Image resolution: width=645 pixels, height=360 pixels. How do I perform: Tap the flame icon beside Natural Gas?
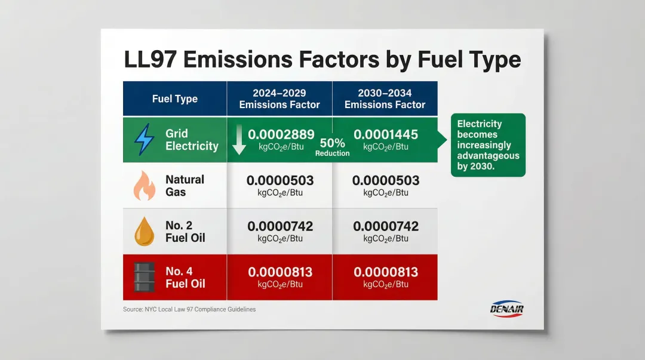pos(144,186)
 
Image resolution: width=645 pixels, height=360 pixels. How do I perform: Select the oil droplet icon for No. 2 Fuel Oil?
pos(144,232)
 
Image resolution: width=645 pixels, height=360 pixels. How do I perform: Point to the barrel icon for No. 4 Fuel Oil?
pos(144,278)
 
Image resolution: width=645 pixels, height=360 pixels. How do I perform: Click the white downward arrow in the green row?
pos(239,139)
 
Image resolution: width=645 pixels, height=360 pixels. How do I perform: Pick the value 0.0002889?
pos(280,134)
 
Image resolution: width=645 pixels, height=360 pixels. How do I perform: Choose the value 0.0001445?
pos(386,134)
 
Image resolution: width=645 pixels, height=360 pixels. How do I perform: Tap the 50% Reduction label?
pos(332,147)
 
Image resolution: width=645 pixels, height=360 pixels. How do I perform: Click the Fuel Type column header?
pos(174,99)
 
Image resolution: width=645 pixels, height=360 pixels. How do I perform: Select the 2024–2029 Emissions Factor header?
pos(279,99)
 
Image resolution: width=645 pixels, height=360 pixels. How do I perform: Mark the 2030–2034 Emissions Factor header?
pos(385,99)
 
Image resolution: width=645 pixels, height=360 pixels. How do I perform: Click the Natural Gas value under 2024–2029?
pos(280,180)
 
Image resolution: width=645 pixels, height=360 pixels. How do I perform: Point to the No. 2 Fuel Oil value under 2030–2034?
pos(386,226)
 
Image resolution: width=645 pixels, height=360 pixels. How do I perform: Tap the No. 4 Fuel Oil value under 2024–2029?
pos(280,272)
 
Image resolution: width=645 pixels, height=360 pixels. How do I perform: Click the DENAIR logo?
pos(505,309)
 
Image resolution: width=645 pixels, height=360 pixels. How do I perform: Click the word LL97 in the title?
pos(156,60)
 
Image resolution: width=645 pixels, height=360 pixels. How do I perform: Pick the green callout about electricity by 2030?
pos(487,145)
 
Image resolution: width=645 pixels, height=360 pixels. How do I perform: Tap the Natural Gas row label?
pos(185,186)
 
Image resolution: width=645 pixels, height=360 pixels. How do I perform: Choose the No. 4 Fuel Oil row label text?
pos(185,278)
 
